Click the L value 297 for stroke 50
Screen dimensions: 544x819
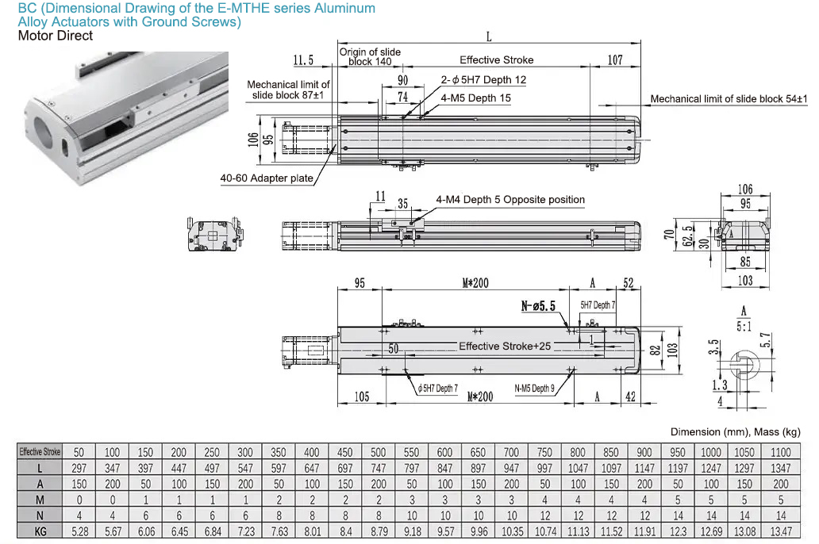tap(79, 468)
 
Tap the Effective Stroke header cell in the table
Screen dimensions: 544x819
tap(40, 452)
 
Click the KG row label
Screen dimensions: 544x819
tap(40, 531)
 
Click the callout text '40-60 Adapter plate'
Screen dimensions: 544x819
tap(267, 178)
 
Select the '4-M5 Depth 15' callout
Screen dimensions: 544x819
tap(476, 98)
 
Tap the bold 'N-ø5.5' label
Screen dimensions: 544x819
tap(539, 306)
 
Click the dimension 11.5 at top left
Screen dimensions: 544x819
tap(303, 60)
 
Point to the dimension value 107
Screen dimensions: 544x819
tap(615, 60)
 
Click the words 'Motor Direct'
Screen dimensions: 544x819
tap(55, 36)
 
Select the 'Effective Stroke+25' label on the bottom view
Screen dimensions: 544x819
tap(505, 346)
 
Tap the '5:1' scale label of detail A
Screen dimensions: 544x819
tap(744, 325)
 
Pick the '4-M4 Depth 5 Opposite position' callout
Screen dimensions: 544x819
tap(510, 200)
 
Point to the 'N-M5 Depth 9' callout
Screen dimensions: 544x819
tap(535, 389)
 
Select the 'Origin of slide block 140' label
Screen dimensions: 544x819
tap(370, 56)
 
